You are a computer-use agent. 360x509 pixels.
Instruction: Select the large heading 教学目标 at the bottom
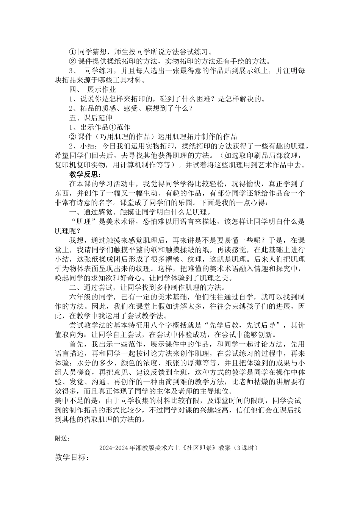coord(72,457)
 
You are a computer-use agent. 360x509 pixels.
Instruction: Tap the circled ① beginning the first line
coord(72,52)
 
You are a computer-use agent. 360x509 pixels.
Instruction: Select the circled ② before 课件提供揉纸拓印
coord(72,61)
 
